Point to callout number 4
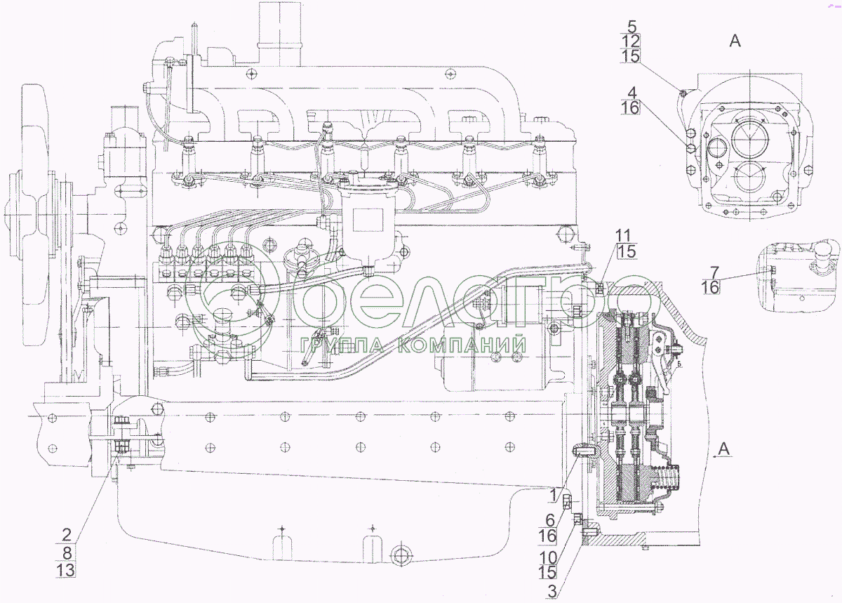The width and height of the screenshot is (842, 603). [x=631, y=92]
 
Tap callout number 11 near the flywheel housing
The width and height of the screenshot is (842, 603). [x=624, y=234]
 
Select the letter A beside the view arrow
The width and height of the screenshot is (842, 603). [x=726, y=449]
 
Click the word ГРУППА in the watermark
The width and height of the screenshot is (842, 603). [x=343, y=345]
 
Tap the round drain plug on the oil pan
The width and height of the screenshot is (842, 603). [x=401, y=555]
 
